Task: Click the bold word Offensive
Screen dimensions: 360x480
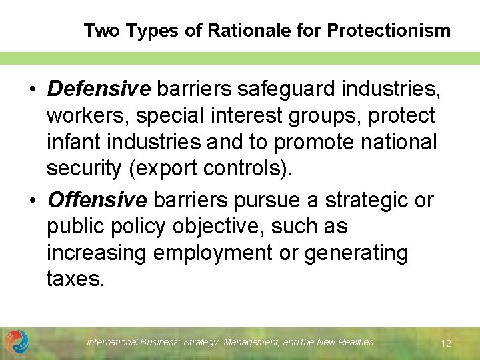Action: tap(97, 199)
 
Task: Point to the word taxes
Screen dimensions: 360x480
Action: tap(75, 279)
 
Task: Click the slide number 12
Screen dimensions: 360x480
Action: tap(446, 343)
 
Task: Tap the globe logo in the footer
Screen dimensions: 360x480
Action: tap(17, 342)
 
